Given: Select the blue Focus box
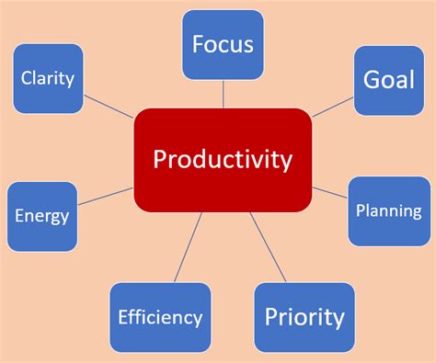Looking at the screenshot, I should tap(223, 43).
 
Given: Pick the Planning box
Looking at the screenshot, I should tap(388, 210).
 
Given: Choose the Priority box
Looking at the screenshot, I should tap(304, 318).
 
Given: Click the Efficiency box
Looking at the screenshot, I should tap(160, 318).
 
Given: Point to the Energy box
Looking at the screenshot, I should tap(42, 217).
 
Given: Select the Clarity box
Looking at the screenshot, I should tap(48, 79).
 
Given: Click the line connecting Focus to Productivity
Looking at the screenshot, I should tap(223, 94).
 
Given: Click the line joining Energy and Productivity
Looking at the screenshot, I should tap(107, 196).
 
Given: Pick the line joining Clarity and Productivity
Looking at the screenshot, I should tap(109, 107).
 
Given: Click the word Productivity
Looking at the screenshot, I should tap(223, 161).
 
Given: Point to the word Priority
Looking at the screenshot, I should tap(304, 318).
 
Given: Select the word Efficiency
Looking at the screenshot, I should tap(160, 318).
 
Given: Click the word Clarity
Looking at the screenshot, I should tap(48, 78).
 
